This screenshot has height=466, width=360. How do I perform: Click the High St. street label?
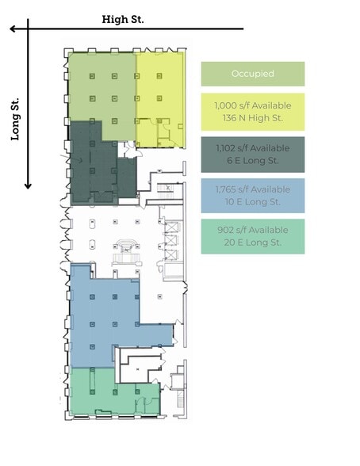point(123,19)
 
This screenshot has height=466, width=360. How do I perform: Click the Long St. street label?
point(14,120)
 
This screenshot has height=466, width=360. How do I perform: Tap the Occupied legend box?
point(252,74)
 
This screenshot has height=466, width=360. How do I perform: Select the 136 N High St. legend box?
point(252,112)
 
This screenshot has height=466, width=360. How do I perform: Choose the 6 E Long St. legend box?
point(252,155)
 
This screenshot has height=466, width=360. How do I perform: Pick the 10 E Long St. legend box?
point(252,196)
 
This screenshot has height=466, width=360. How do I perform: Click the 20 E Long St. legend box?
point(252,236)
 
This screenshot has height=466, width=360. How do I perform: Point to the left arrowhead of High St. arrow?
point(13,29)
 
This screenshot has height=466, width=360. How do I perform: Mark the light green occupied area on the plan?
point(101,86)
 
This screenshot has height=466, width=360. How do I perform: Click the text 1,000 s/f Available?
point(252,105)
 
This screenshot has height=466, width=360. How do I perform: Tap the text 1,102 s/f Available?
point(252,147)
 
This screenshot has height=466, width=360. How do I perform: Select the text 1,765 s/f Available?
point(252,189)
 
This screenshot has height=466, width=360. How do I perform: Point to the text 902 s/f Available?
point(252,230)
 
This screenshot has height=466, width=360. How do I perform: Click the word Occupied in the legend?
point(252,74)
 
